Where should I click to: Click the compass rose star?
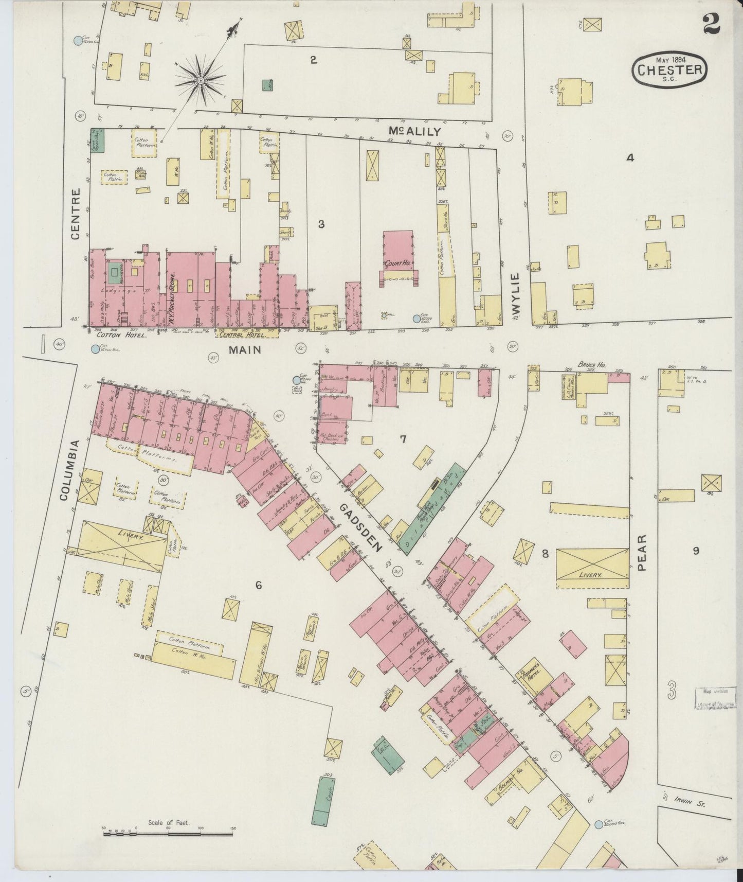[200, 81]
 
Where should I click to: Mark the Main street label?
[245, 350]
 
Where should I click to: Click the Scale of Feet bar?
[168, 833]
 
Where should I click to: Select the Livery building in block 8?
[592, 568]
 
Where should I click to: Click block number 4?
[629, 158]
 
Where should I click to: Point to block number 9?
[695, 551]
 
